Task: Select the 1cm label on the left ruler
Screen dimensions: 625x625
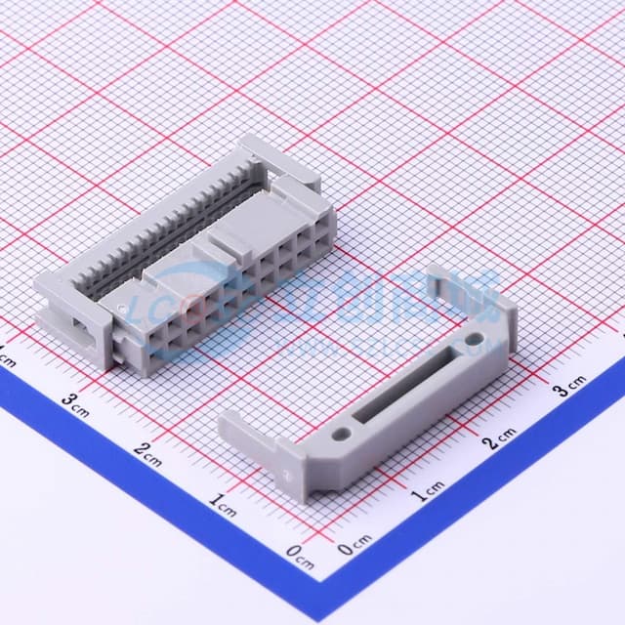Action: click(x=224, y=505)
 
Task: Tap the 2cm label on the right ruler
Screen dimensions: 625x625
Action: click(x=502, y=437)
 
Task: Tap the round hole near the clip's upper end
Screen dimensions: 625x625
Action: click(x=475, y=340)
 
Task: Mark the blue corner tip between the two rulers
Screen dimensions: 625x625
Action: click(x=327, y=587)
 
